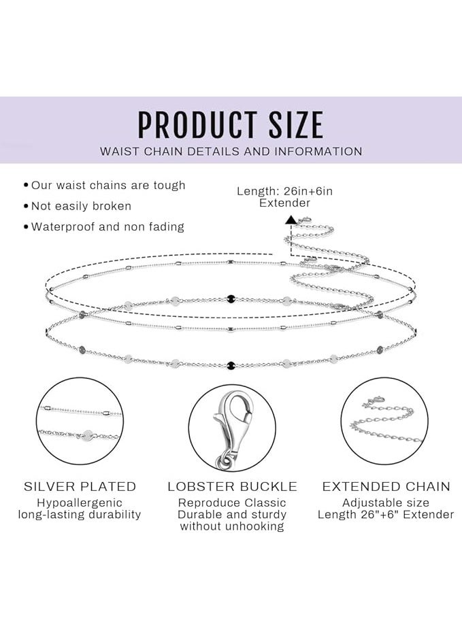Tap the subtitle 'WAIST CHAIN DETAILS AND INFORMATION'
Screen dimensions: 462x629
click(231, 152)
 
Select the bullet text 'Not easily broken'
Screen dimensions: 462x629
click(81, 206)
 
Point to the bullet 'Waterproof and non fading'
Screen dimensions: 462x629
click(108, 226)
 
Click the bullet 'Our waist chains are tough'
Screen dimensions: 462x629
click(108, 186)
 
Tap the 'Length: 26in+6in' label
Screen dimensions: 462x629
click(284, 191)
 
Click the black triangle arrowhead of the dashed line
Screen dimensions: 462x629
click(291, 220)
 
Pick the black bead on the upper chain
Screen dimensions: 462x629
click(231, 299)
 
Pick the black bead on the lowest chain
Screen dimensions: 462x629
click(231, 365)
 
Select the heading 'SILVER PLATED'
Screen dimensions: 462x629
click(80, 487)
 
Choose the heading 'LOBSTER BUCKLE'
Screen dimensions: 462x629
click(232, 487)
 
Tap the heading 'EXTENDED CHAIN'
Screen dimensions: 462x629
click(386, 487)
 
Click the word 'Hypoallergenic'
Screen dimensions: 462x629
click(80, 503)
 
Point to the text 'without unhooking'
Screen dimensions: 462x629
click(232, 526)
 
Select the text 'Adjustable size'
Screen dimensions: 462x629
click(386, 503)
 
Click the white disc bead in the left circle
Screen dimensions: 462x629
click(88, 435)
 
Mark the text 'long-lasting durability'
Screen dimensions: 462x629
click(80, 514)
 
